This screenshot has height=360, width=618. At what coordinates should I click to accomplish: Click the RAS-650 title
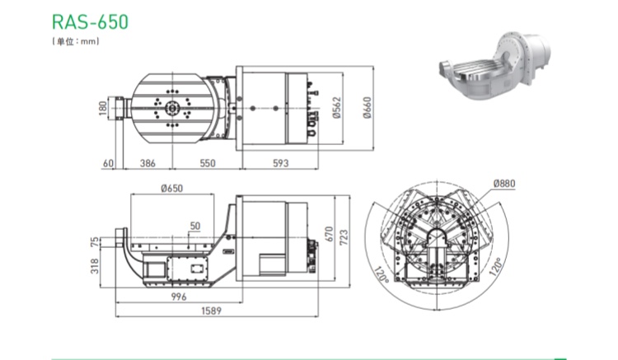[91, 21]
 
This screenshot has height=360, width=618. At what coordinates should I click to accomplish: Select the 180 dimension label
[103, 108]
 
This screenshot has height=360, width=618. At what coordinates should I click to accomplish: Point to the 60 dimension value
[108, 163]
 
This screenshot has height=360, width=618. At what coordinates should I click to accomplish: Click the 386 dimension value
[147, 163]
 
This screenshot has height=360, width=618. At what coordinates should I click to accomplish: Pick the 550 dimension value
[208, 163]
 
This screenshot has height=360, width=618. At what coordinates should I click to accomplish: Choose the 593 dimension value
[281, 163]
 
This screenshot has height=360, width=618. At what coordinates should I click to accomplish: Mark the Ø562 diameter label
[336, 108]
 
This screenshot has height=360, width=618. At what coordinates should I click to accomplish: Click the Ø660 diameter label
[367, 108]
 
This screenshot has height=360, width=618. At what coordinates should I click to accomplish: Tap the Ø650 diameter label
[172, 189]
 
